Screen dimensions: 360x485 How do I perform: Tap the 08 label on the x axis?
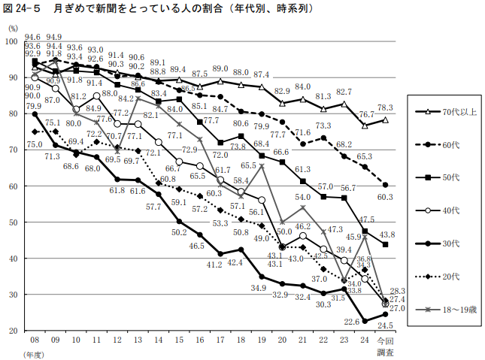(x=35, y=340)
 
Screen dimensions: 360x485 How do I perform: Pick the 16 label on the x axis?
(x=199, y=340)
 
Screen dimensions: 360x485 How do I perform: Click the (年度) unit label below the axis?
(x=34, y=354)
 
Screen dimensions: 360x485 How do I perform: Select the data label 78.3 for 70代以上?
(x=386, y=107)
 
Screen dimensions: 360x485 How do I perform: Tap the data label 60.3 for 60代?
(x=386, y=197)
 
